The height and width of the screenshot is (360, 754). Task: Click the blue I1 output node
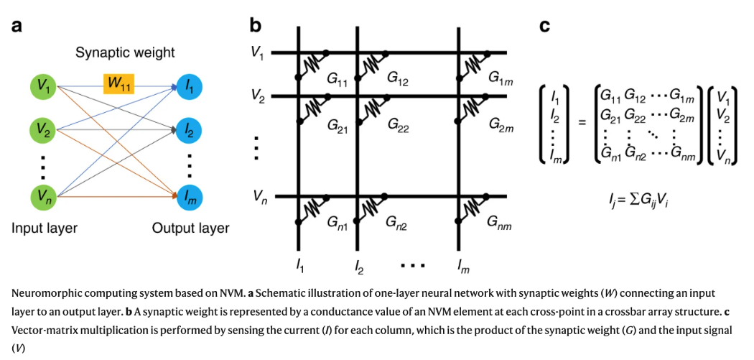click(190, 87)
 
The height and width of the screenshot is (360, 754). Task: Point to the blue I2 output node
click(190, 129)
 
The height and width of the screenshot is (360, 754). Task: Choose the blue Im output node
click(190, 197)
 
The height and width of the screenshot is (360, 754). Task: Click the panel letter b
click(256, 25)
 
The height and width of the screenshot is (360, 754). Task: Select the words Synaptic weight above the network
click(125, 52)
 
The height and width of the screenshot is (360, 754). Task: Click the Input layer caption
click(45, 227)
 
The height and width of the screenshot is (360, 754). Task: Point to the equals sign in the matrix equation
click(582, 122)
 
